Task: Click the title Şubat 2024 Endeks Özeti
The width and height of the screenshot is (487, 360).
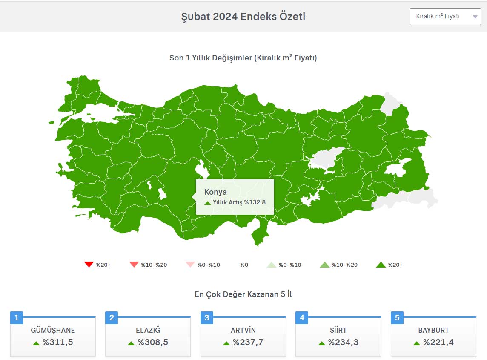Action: click(243, 17)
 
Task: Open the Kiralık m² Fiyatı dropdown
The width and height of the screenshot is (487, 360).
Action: click(445, 17)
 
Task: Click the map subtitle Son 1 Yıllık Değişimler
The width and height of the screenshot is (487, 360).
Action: click(243, 58)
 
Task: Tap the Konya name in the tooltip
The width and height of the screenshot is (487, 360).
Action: click(215, 192)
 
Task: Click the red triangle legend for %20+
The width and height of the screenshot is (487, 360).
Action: click(89, 265)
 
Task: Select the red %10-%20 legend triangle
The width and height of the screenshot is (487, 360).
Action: click(134, 265)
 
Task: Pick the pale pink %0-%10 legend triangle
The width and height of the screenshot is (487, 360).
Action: click(190, 265)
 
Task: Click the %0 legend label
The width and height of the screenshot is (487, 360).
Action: click(244, 265)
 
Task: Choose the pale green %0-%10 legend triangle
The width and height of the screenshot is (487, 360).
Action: click(272, 265)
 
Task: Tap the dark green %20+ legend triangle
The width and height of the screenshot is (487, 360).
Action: click(381, 265)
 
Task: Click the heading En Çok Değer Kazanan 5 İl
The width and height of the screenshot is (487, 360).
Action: click(243, 294)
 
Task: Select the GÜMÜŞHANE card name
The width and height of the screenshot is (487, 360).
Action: click(53, 330)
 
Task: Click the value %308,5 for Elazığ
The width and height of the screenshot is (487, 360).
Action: click(153, 342)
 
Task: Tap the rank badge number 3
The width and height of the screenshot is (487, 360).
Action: click(207, 318)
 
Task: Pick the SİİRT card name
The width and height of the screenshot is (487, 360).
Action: click(338, 330)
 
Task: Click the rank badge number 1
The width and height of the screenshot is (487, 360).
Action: click(17, 318)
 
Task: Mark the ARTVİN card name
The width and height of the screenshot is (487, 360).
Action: click(243, 330)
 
